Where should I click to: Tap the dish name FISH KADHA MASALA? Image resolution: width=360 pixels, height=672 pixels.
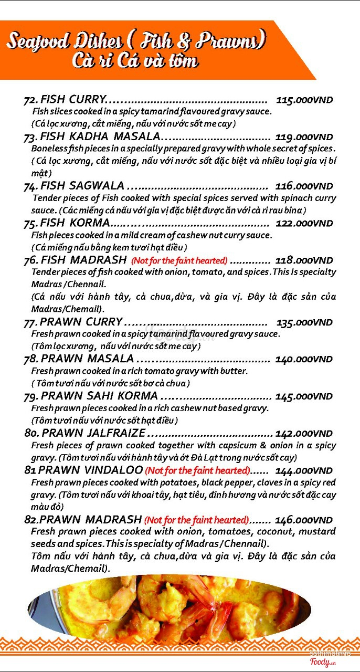[100, 137]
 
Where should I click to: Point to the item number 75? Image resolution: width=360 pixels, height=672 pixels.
[30, 223]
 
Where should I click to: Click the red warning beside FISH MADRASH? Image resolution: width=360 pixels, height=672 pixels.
[179, 260]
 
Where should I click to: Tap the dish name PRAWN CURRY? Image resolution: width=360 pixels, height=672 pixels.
[81, 322]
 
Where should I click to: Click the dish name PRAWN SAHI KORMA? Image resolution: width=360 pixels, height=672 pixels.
[99, 396]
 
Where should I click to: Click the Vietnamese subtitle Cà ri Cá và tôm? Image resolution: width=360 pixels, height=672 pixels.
[135, 61]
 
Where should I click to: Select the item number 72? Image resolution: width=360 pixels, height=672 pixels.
[30, 100]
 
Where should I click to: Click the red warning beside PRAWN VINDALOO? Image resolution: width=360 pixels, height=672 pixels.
[197, 470]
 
